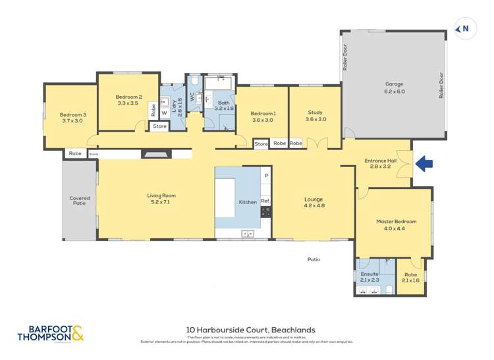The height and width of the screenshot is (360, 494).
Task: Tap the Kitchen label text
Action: point(247,202)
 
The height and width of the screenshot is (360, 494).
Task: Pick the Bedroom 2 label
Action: point(128,99)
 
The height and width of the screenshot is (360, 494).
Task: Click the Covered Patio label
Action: point(80,201)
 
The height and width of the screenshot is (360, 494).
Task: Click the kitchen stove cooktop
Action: point(266,212)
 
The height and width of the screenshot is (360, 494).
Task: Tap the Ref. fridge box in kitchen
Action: point(265,200)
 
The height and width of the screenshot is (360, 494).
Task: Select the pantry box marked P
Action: point(266,176)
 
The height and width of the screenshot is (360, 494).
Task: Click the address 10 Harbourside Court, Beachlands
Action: point(250,330)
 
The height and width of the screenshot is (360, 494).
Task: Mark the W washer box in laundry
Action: point(164,113)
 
